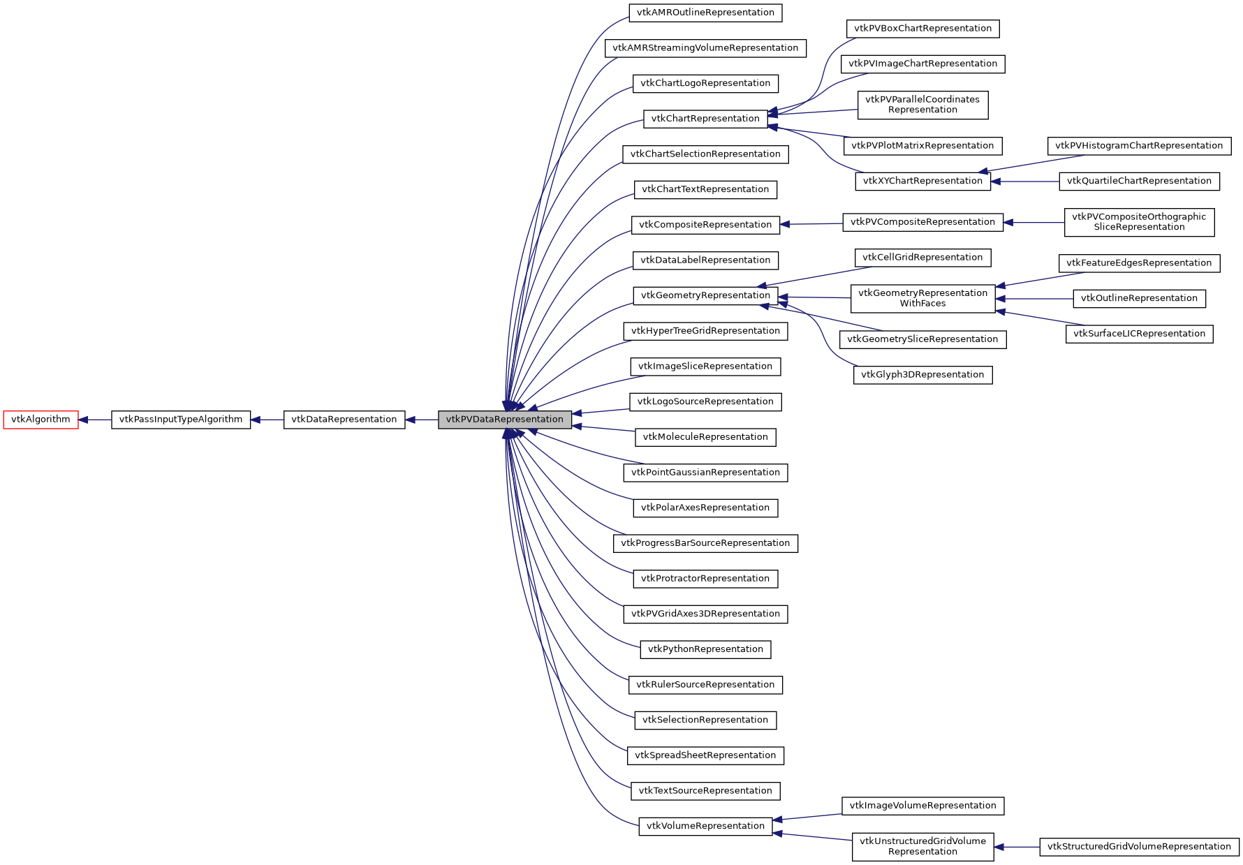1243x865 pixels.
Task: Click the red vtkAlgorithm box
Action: tap(41, 420)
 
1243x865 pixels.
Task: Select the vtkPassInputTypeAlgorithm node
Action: tap(181, 420)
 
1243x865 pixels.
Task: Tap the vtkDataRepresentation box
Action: tap(344, 420)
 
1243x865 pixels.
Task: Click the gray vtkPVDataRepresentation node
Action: tap(504, 420)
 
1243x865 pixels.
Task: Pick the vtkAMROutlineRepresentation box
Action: tap(705, 13)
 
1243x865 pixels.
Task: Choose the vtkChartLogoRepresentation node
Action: tap(705, 83)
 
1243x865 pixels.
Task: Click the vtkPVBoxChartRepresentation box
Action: tap(922, 29)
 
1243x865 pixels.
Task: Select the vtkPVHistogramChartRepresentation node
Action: tap(1139, 146)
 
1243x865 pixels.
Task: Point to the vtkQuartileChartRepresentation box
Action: tap(1139, 182)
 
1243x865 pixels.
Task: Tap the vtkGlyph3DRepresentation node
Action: tap(922, 375)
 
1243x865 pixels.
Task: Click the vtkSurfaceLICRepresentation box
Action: tap(1139, 334)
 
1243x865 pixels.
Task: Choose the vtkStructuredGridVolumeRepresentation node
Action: tap(1139, 847)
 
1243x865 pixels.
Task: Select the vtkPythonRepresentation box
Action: tap(705, 649)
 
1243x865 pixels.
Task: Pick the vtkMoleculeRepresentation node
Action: tap(705, 437)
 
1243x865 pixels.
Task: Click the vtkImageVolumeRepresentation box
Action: tap(922, 806)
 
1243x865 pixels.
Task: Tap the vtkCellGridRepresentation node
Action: tap(922, 258)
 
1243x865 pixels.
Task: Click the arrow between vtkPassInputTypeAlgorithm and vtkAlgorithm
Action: tap(95, 420)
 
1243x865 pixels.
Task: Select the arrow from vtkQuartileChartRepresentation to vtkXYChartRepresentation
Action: tap(1024, 182)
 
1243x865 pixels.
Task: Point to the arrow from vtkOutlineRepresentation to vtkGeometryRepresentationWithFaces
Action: tap(1034, 299)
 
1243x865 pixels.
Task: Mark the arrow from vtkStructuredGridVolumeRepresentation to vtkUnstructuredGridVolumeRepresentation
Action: tap(1017, 847)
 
